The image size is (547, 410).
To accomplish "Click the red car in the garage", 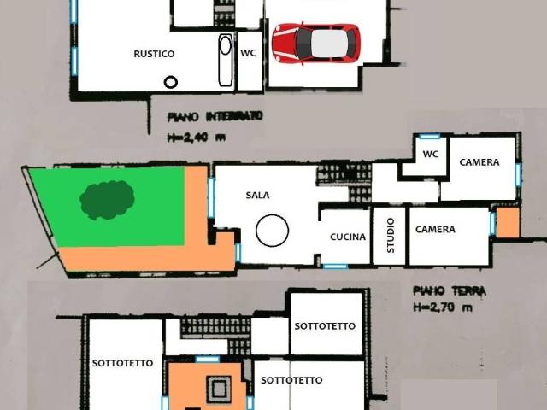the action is [x=316, y=44].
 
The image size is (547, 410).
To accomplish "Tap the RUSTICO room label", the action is [x=154, y=54].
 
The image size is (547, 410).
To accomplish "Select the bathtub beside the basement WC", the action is [x=226, y=60].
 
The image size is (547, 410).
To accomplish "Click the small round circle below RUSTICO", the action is [x=171, y=82].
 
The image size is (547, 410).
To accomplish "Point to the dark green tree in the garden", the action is [x=107, y=200].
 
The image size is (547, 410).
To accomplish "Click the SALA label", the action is [x=257, y=196].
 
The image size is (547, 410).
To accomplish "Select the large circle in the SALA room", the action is [x=272, y=231].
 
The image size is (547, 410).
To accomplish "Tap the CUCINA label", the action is [x=348, y=237].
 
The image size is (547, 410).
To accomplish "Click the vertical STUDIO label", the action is [x=391, y=236].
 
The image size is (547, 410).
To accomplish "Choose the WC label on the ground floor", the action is [x=431, y=154].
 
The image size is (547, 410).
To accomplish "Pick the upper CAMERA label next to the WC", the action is [x=479, y=162].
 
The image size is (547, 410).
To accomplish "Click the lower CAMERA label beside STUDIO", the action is [x=435, y=230].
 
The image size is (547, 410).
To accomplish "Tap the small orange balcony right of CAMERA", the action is [x=508, y=223].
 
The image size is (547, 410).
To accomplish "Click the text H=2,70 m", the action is [x=443, y=307].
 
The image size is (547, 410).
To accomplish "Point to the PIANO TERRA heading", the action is [x=450, y=290].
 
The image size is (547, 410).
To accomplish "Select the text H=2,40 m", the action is [x=196, y=138].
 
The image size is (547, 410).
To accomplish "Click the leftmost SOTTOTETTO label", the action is [x=122, y=363].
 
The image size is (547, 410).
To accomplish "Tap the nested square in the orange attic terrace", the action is [x=219, y=389].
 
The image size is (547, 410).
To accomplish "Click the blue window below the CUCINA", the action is [x=335, y=266].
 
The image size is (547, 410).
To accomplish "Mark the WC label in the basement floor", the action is [x=248, y=53].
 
